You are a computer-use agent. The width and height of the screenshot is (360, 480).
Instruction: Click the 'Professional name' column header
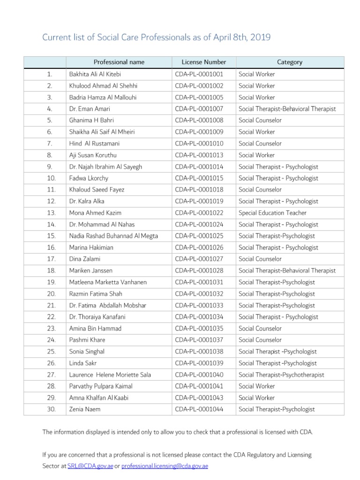coord(119,62)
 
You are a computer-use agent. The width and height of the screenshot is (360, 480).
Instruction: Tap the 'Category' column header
coord(290,62)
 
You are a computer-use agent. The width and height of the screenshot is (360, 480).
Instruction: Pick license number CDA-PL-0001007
coord(199,109)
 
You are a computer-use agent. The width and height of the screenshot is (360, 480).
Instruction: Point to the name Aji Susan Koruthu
coord(94,155)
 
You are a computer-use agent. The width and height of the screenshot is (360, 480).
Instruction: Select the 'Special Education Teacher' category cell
coord(272,213)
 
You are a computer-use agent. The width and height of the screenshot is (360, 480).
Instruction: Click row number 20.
coord(51,294)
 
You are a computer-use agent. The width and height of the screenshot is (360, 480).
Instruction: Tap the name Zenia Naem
coord(85,409)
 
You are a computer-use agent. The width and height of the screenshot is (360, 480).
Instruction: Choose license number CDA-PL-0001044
coord(199,409)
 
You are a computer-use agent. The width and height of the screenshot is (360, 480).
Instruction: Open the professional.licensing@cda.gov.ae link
coord(165,466)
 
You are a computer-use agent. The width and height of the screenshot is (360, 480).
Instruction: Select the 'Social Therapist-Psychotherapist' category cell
coord(281,375)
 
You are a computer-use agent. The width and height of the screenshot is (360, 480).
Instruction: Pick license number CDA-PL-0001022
coord(199,213)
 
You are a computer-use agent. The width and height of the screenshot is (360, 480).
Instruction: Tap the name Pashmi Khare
coord(87,340)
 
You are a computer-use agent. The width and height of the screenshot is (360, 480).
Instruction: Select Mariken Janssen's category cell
coord(287,270)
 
